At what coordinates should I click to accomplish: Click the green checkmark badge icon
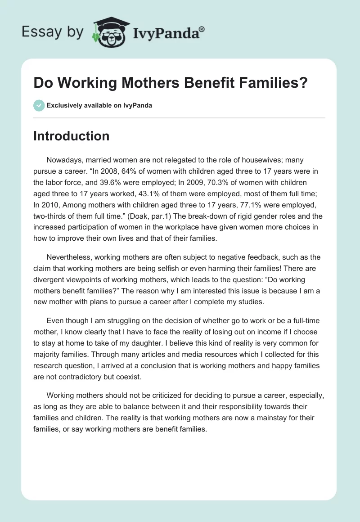coord(39,105)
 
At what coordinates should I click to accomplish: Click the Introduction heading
coord(71,136)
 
